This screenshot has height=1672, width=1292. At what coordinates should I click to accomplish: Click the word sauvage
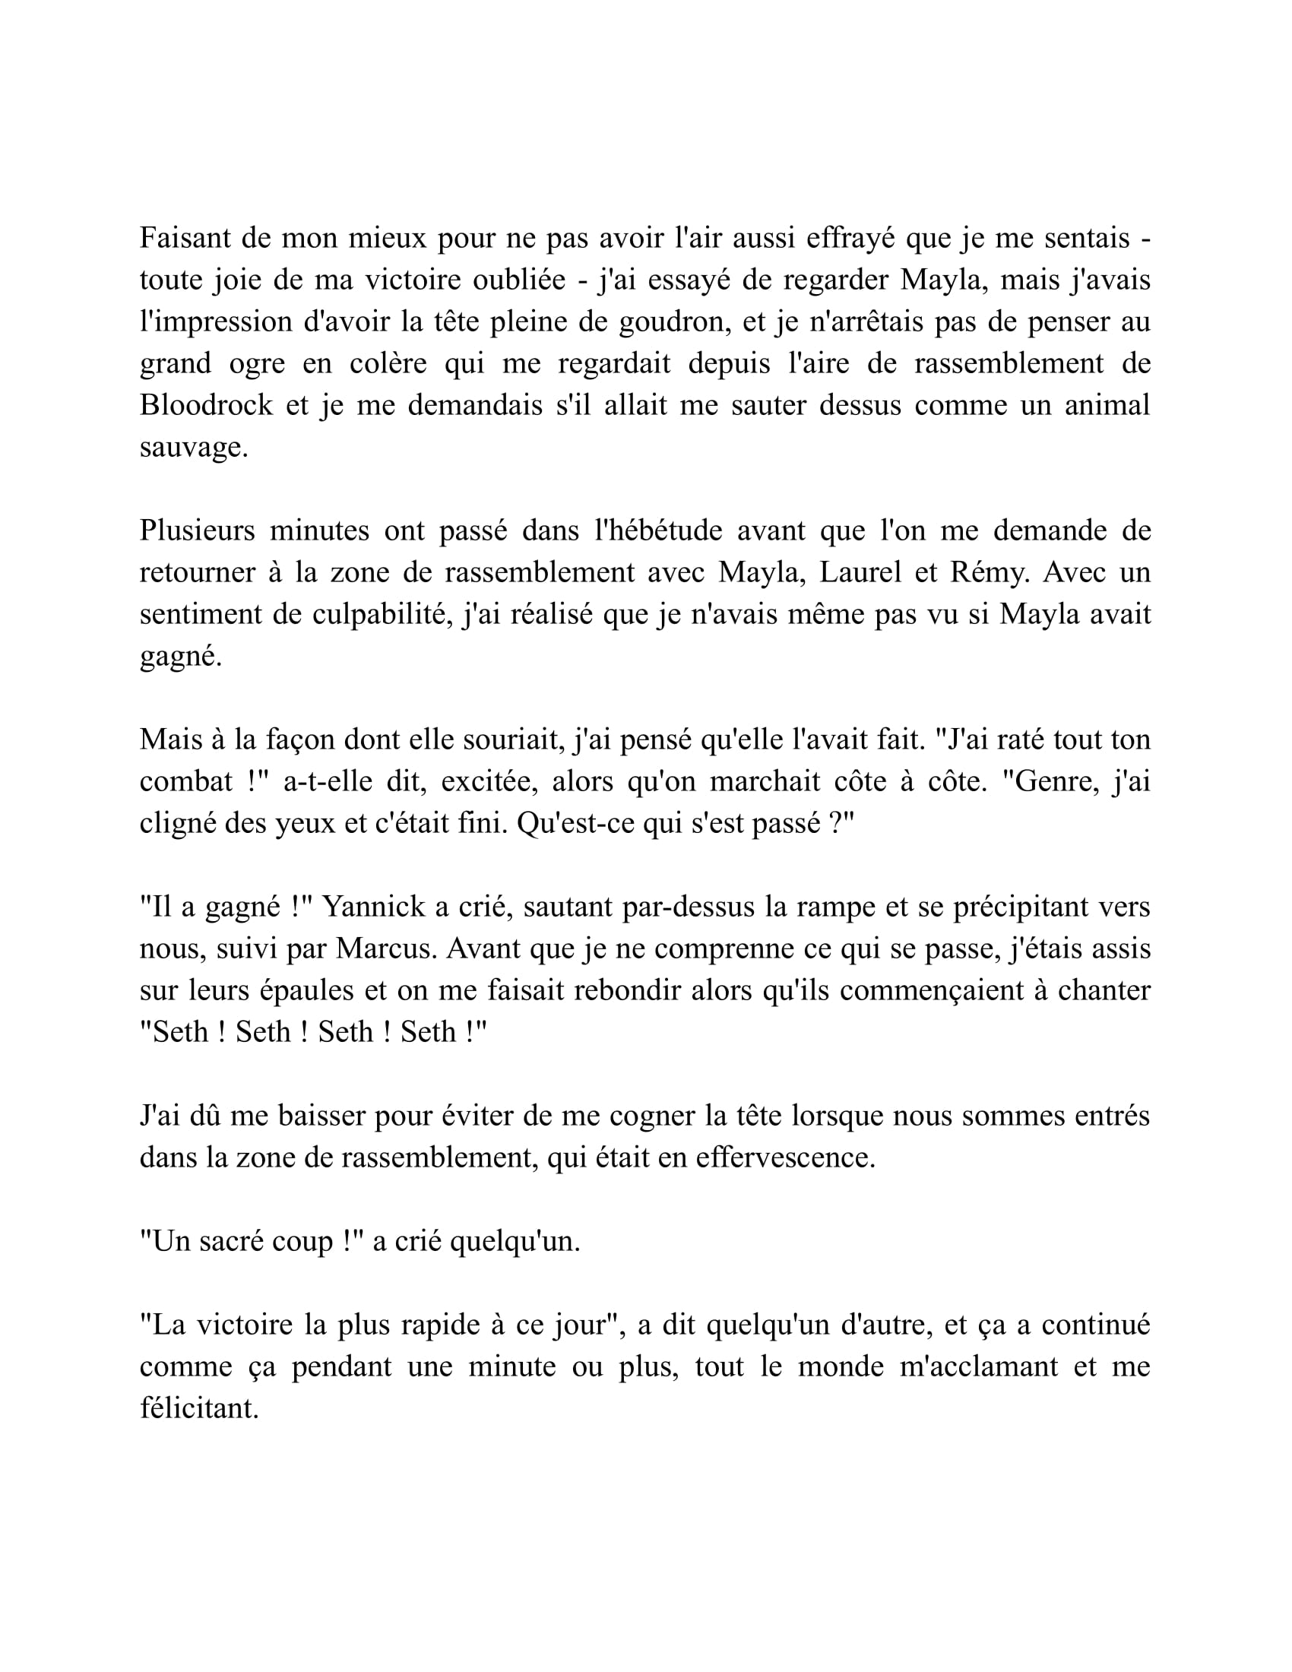click(193, 447)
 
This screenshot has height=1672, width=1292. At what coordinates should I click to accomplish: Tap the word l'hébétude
click(658, 530)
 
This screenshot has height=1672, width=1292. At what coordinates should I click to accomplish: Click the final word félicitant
click(199, 1408)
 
